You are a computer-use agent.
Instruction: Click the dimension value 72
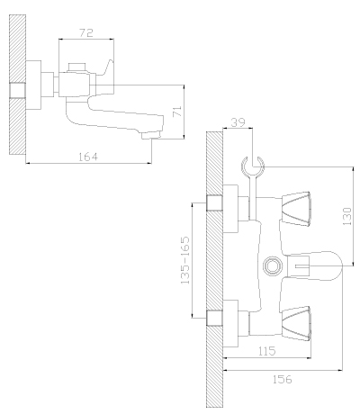click(x=86, y=32)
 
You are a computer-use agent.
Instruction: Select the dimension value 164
click(x=88, y=157)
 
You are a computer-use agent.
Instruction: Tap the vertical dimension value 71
click(x=177, y=112)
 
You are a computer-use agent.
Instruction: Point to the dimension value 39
click(x=238, y=122)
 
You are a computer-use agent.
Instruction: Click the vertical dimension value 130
click(x=346, y=216)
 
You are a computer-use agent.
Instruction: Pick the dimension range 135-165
click(x=184, y=260)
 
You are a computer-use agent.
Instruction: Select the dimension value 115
click(x=266, y=351)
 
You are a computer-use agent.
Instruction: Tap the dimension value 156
click(x=282, y=379)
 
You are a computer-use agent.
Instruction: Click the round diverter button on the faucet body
click(x=273, y=265)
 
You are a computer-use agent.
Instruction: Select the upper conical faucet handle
click(x=296, y=209)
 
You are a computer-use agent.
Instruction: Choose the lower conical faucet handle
click(x=296, y=323)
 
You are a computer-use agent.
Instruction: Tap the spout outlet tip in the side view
click(x=151, y=137)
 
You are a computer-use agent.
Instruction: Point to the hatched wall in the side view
click(x=17, y=85)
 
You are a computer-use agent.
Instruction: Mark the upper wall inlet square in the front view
click(x=214, y=202)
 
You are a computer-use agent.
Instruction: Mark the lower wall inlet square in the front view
click(x=214, y=318)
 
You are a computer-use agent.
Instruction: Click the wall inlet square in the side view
click(x=17, y=90)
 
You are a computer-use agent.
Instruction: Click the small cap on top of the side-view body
click(x=77, y=67)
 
